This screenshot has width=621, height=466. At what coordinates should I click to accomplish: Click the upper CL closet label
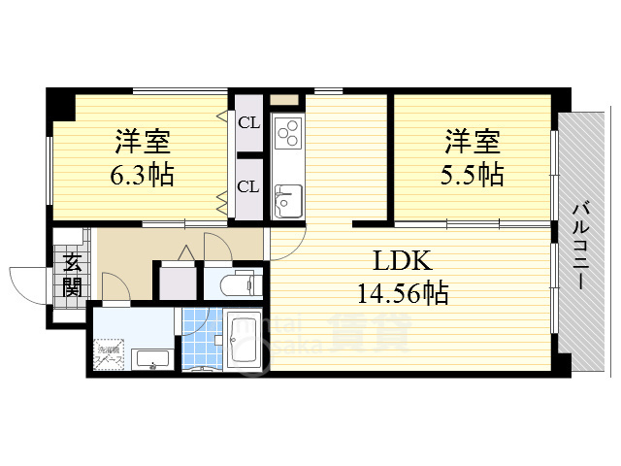248,122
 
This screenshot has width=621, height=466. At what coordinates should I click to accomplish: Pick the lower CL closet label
248,186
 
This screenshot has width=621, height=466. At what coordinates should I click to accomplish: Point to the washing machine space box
107,354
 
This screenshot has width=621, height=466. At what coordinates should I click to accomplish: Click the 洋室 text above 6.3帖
144,142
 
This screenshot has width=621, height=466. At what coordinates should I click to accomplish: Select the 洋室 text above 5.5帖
473,142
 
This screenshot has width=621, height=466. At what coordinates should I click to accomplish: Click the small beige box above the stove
285,100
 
